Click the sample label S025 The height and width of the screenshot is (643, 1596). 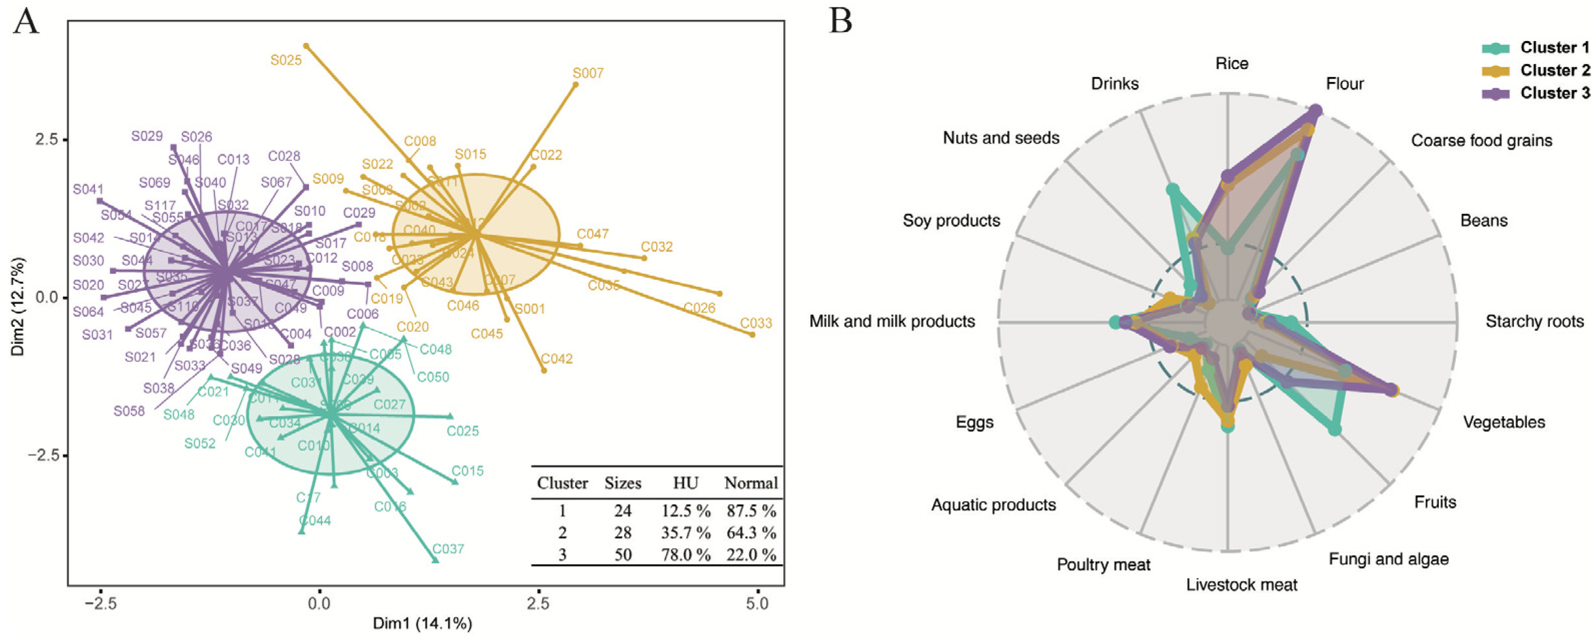(286, 61)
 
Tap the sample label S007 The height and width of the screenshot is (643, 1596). (588, 73)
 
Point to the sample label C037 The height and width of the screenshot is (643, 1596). (448, 549)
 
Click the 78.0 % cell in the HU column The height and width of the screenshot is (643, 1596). (685, 554)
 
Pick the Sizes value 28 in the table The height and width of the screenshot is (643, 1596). (623, 533)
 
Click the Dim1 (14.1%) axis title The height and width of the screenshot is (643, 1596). (422, 623)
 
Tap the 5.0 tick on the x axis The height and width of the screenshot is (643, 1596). (757, 603)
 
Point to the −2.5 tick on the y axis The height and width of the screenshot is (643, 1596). (44, 455)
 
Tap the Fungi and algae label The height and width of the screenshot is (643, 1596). (1388, 559)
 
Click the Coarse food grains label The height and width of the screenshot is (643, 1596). (1481, 141)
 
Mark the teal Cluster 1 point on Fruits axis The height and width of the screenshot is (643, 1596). (1335, 429)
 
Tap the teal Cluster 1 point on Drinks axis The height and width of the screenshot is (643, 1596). (1172, 190)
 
